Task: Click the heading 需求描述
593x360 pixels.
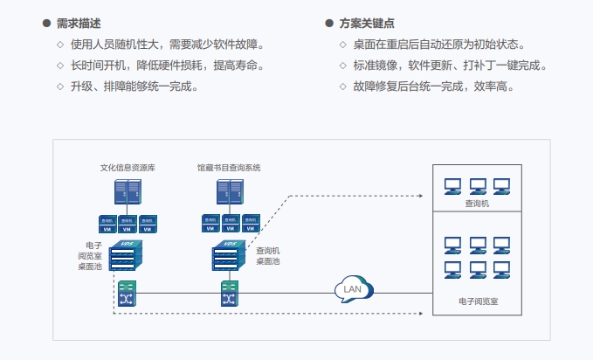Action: click(x=77, y=24)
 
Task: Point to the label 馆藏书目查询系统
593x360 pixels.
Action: click(x=229, y=167)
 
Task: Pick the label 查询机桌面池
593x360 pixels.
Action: click(x=267, y=256)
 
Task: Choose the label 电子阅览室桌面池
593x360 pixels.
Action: click(x=92, y=255)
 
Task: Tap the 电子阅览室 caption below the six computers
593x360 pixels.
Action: click(x=477, y=301)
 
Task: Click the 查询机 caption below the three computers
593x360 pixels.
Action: click(x=477, y=203)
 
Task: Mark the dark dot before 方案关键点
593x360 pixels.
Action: click(x=328, y=24)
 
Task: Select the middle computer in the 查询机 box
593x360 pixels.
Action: click(x=477, y=185)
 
